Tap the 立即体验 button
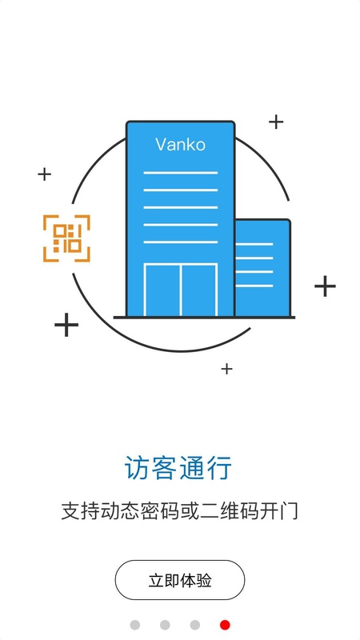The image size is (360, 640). [179, 580]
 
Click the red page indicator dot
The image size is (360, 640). [225, 625]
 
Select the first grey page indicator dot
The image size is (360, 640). [135, 625]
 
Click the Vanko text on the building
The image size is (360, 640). [180, 145]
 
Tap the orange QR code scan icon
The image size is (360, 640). [66, 238]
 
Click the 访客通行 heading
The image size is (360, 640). [178, 468]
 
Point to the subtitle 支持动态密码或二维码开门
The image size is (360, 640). [179, 511]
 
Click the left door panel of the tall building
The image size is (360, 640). [162, 290]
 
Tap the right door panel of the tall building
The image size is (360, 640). [198, 290]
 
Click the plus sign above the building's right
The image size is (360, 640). [276, 122]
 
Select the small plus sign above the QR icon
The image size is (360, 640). [45, 174]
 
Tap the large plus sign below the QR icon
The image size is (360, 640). [66, 325]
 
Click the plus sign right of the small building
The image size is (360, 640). [325, 286]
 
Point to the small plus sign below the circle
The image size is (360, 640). [226, 369]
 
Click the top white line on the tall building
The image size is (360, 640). [181, 173]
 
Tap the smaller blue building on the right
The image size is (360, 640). [263, 268]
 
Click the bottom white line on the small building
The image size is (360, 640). [254, 286]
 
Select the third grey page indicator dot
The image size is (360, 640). [195, 625]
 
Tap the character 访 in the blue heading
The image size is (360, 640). [137, 468]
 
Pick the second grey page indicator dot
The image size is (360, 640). [165, 625]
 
